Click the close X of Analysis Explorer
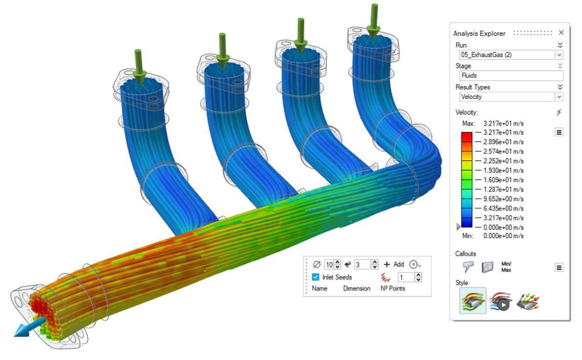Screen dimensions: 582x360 click(x=561, y=33)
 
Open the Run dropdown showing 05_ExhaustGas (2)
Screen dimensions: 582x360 click(x=559, y=55)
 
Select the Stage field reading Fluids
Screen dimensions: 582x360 click(x=511, y=76)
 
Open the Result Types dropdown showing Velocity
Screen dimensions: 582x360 click(x=559, y=97)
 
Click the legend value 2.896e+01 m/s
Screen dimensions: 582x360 click(x=503, y=142)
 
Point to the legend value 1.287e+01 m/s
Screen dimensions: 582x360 click(x=503, y=190)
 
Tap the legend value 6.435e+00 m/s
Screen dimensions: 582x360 click(x=503, y=209)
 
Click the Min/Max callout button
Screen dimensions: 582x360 click(x=506, y=267)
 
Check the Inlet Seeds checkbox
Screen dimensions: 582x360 click(x=316, y=277)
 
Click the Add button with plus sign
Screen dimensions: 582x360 click(x=394, y=264)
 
